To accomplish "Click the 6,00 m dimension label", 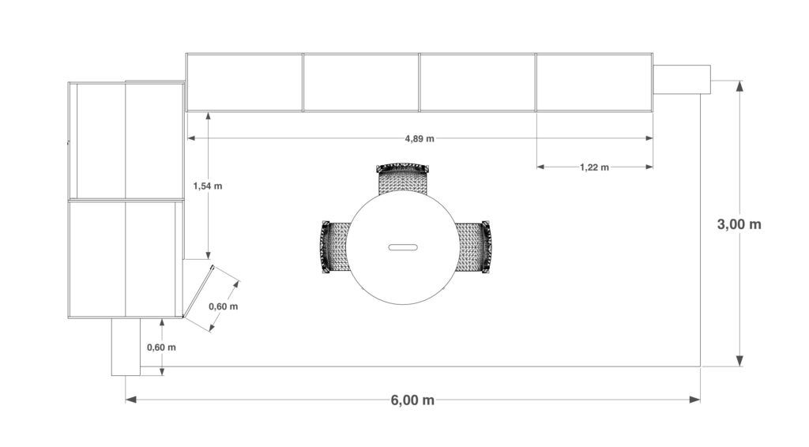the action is point(412,400).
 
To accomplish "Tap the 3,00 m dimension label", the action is point(739,224).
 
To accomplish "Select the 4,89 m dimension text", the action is point(420,139).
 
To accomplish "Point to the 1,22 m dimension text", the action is point(594,167).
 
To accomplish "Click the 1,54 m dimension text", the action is point(208,186).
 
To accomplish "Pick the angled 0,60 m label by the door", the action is point(224,306).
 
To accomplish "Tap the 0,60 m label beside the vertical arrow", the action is point(161,347).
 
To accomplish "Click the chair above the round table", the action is point(402,178).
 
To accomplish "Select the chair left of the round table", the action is point(334,247).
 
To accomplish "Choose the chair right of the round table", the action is point(473,247).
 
